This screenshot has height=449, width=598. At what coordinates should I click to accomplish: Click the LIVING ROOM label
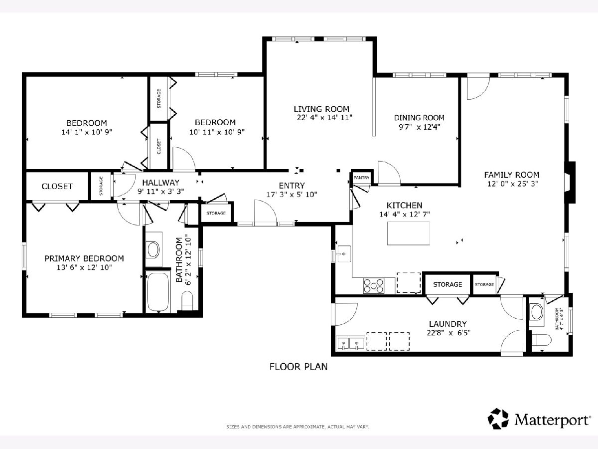[x=321, y=109]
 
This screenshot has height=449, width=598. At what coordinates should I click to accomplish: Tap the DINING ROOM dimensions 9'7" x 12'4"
[x=420, y=127]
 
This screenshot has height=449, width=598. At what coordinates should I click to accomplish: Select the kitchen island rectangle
[x=408, y=233]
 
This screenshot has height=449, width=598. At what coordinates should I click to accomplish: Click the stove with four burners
[x=374, y=286]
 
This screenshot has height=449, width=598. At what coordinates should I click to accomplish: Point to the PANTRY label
[x=361, y=178]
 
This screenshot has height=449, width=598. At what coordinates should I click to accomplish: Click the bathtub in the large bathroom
[x=158, y=291]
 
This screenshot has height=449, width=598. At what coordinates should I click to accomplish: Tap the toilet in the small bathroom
[x=541, y=340]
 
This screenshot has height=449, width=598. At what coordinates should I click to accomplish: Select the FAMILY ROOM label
[x=512, y=175]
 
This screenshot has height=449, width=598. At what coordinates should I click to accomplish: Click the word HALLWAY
[x=161, y=183]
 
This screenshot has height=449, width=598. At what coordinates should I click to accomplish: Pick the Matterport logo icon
[x=498, y=419]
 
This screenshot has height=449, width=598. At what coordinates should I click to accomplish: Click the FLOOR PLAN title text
[x=299, y=367]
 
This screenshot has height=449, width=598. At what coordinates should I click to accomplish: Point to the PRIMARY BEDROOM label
[x=84, y=258]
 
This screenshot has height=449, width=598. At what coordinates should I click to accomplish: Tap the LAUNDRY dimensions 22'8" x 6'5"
[x=448, y=333]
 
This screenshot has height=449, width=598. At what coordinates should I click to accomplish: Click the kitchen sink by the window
[x=344, y=254]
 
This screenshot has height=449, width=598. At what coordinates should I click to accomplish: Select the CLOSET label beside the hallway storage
[x=57, y=187]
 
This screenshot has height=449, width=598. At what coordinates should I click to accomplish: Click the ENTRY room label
[x=292, y=186]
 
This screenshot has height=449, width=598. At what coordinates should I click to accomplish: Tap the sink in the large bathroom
[x=153, y=249]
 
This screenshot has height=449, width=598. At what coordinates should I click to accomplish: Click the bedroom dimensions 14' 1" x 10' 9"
[x=87, y=132]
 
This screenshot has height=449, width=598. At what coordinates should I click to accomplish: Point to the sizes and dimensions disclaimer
[x=298, y=427]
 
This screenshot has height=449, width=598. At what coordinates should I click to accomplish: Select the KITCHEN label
[x=404, y=205]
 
